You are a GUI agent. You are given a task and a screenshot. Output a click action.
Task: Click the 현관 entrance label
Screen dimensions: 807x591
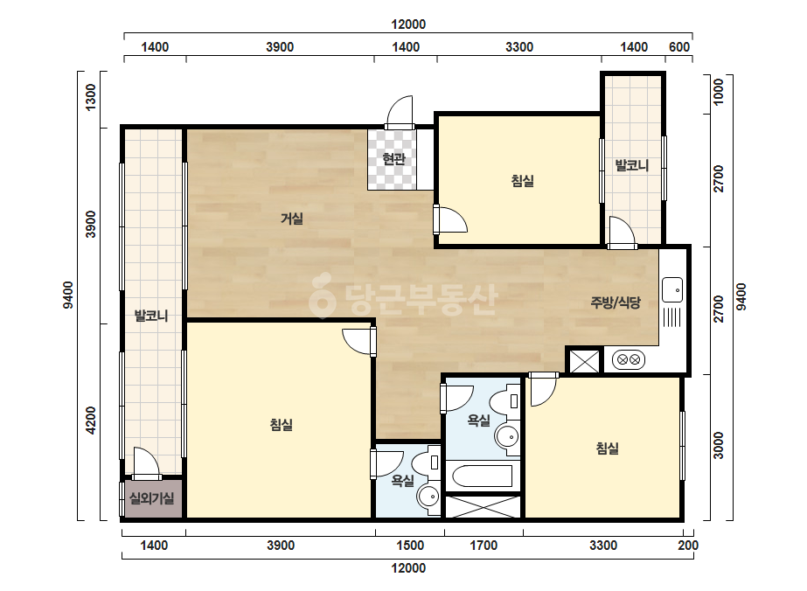pos(393,159)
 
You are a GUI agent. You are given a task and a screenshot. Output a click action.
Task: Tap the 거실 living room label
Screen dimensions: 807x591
pos(292,219)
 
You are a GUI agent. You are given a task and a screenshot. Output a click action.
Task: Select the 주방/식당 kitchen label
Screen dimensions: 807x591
pos(616,302)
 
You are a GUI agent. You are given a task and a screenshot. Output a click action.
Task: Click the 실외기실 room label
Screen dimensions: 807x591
pos(152,498)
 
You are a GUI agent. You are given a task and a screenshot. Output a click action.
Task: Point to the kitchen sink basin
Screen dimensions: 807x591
pos(672,290)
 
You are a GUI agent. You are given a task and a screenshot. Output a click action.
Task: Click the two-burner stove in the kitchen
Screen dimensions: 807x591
pos(629,359)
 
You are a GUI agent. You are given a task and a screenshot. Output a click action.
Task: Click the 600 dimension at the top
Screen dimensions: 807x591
pos(678,47)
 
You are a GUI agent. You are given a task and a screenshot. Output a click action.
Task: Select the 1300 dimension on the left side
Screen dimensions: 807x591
pos(91,97)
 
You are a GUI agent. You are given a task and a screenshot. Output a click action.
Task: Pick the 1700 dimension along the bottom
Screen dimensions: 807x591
pos(484,546)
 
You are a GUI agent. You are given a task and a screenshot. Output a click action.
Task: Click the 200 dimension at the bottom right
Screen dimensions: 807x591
pos(688,546)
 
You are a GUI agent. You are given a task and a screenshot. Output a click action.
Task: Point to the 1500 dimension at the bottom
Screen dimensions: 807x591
pos(410,546)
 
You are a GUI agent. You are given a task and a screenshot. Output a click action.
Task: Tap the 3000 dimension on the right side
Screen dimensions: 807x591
pos(719,446)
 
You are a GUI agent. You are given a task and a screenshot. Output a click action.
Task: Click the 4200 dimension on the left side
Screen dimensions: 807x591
pos(91,421)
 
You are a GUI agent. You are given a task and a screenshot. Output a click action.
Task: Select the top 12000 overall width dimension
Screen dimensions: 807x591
pos(408,24)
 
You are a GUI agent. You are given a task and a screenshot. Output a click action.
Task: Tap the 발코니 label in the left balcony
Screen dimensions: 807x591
pos(151,316)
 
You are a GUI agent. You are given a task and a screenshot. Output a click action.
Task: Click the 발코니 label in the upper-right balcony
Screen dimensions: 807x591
pos(632,165)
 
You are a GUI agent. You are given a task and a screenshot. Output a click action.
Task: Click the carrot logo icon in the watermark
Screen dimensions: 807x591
pos(322,296)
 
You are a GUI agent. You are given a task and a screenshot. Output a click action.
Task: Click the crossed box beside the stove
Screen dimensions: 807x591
pos(585,361)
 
